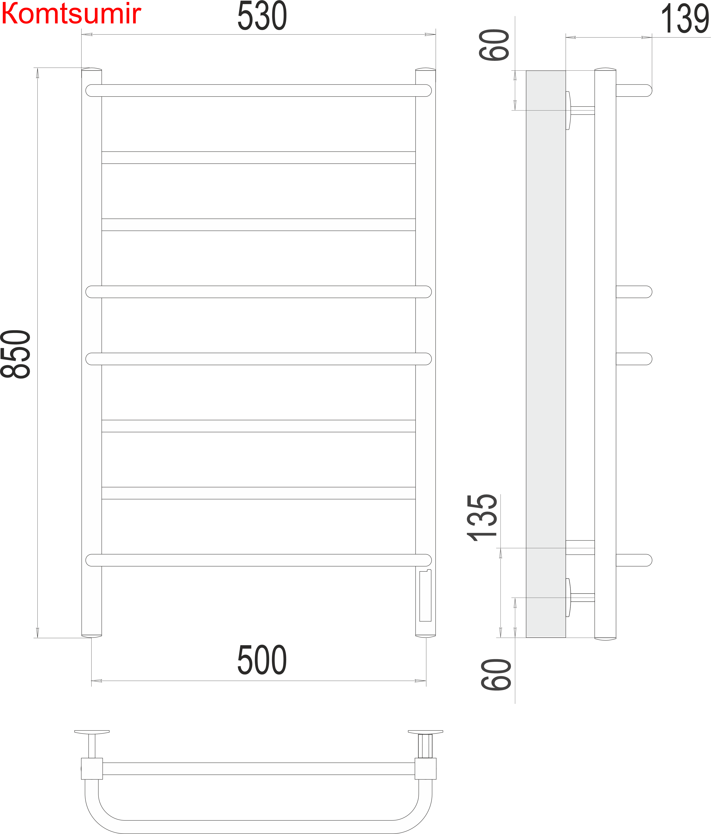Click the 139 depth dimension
[x=685, y=19]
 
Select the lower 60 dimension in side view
[x=496, y=675]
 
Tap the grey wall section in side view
[x=546, y=354]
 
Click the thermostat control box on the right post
[x=425, y=596]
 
